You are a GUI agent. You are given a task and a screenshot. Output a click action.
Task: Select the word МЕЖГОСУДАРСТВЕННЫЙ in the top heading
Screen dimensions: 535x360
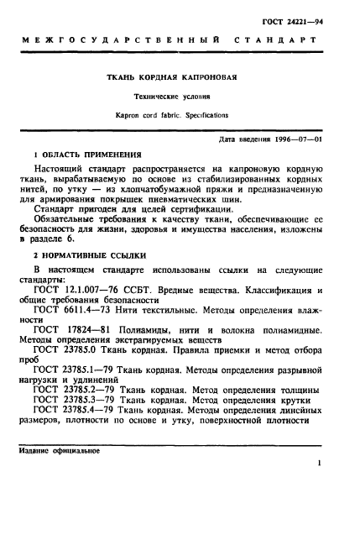pyautogui.click(x=122, y=39)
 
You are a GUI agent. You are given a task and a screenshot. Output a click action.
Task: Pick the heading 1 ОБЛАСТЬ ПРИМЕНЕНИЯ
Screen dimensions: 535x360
pyautogui.click(x=88, y=155)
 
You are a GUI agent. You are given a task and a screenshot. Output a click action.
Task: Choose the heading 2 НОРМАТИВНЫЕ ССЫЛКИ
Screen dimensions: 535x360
pyautogui.click(x=88, y=253)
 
